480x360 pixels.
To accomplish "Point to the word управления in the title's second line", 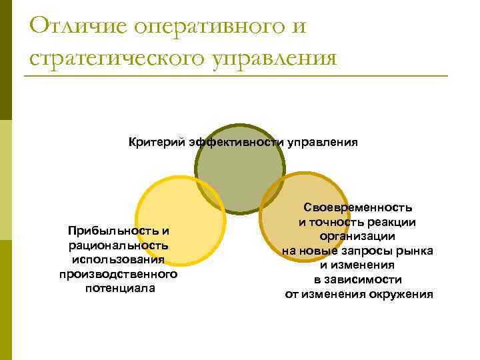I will pyautogui.click(x=274, y=59).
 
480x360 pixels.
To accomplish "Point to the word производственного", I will pyautogui.click(x=119, y=274).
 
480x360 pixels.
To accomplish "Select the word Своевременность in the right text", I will pyautogui.click(x=359, y=208).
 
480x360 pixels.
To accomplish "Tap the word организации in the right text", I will pyautogui.click(x=357, y=236).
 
